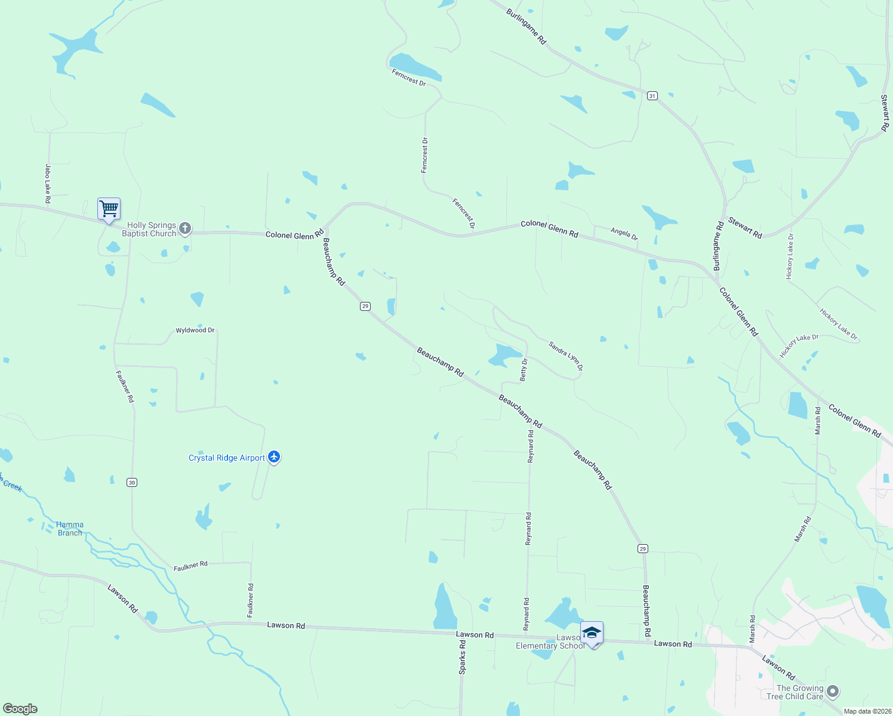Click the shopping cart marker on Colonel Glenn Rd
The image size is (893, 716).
point(109,209)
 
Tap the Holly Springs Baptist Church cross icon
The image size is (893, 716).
point(185,228)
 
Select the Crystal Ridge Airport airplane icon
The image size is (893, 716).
point(274,457)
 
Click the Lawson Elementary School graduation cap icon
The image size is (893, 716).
point(592,633)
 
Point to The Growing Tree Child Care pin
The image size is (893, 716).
point(833,692)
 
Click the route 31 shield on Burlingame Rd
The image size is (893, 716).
point(652,95)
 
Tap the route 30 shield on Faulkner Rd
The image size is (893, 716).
point(132,482)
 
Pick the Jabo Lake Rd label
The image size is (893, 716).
point(48,184)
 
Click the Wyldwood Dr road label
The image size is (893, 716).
point(195,330)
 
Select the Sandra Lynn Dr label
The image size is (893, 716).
point(565,356)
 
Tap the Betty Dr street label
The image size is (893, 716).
point(524,370)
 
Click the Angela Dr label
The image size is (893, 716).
point(624,233)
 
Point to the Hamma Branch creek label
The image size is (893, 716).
point(70,529)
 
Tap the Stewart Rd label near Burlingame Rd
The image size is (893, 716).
point(745,229)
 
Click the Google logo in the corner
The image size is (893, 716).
point(20,709)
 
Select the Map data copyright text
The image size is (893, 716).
point(867,711)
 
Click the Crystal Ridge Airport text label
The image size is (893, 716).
point(226,458)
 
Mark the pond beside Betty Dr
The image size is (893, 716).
point(503,354)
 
